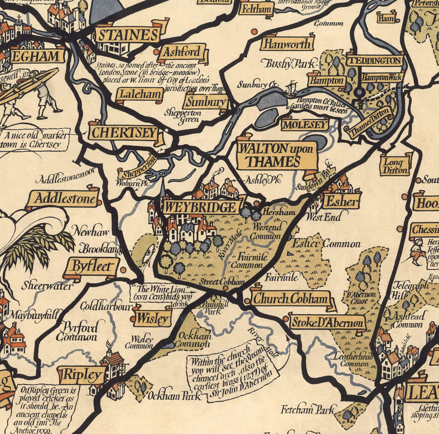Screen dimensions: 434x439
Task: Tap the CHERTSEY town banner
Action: pyautogui.click(x=123, y=133)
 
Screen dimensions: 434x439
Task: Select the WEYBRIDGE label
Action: pyautogui.click(x=199, y=207)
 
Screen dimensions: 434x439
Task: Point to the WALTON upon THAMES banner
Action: pyautogui.click(x=276, y=156)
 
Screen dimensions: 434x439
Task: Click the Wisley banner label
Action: pyautogui.click(x=153, y=318)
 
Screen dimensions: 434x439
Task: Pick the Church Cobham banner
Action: pyautogui.click(x=291, y=299)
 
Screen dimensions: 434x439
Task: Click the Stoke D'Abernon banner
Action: pyautogui.click(x=327, y=323)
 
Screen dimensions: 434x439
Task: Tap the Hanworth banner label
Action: pyautogui.click(x=286, y=44)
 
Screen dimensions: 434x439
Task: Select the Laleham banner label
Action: pyautogui.click(x=139, y=95)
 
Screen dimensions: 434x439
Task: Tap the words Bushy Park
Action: pyautogui.click(x=284, y=63)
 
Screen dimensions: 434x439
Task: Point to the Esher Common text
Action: pyautogui.click(x=326, y=243)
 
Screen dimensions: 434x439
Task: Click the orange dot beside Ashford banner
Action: pyautogui.click(x=156, y=52)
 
